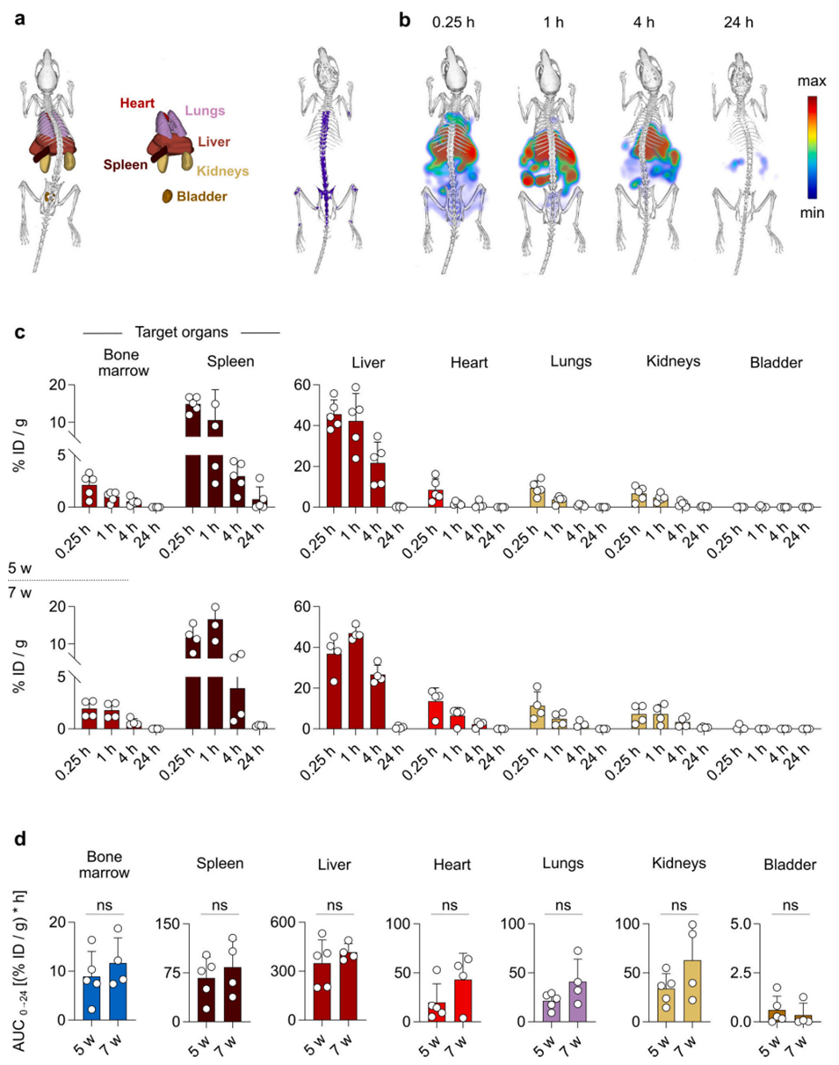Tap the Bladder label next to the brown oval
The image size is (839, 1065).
point(201,197)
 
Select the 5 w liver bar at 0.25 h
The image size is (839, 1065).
point(334,461)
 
